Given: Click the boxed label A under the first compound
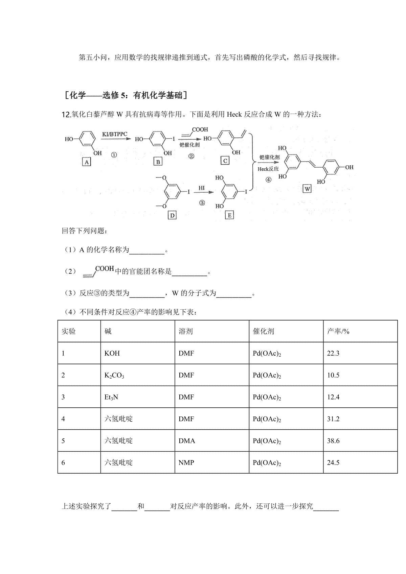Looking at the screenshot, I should coord(87,162).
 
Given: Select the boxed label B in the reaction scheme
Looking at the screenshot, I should coord(158,162).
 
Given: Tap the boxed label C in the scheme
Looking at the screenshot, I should coord(225,161).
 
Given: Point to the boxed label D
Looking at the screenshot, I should coord(172,215).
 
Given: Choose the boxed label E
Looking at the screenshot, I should coord(230,215).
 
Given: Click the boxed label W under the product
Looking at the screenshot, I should coord(307,189).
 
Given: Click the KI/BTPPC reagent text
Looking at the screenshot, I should coord(114,134).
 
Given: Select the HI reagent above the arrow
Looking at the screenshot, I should coord(202,188).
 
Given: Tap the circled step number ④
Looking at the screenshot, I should coord(268,180).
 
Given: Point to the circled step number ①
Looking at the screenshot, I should coord(114,155).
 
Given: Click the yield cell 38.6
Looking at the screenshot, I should coord(333,441).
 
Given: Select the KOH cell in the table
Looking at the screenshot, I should coord(112,353).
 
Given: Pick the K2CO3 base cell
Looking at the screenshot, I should coord(114,375).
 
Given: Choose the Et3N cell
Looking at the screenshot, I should coord(111,397).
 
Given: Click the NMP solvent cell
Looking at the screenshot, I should coord(186,462).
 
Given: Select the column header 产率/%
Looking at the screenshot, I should coord(338,331).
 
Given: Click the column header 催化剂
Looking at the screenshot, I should coord(263,331).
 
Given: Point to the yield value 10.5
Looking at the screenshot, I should coord(333,375).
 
